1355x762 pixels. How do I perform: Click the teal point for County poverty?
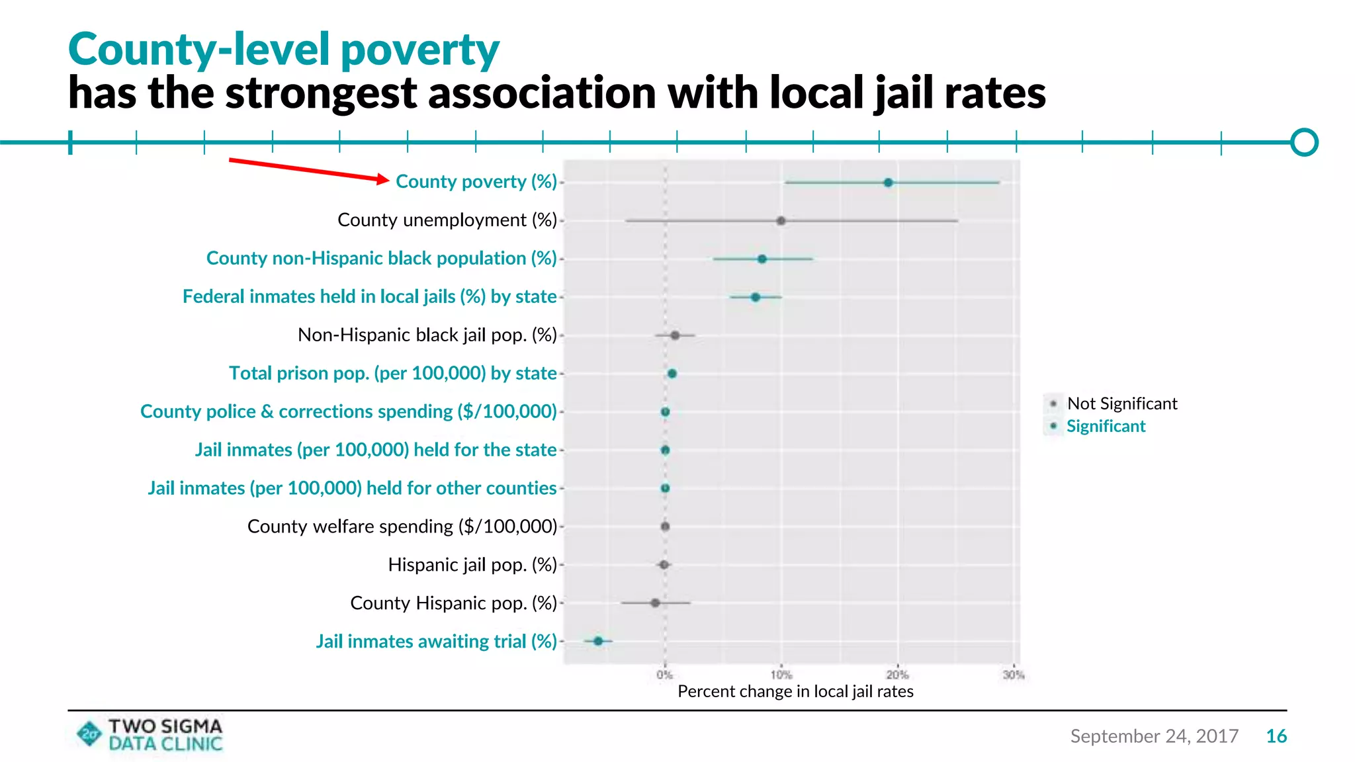(x=888, y=183)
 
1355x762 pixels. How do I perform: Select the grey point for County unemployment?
(x=781, y=221)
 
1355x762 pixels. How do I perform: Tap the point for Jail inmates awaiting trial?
(x=598, y=641)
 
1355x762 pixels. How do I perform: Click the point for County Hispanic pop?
(x=655, y=603)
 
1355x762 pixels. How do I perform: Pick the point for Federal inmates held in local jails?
(x=755, y=297)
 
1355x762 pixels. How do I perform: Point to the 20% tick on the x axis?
(x=897, y=675)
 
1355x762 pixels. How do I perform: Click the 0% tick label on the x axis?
(x=664, y=675)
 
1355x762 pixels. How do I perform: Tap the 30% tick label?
(x=1013, y=675)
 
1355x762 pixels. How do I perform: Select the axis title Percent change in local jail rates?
(x=795, y=692)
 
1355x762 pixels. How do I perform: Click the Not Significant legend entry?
(x=1121, y=403)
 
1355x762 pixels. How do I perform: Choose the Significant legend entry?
(x=1106, y=426)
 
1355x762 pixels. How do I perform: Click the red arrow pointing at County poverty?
(x=308, y=169)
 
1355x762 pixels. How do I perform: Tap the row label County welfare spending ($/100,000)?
(x=402, y=527)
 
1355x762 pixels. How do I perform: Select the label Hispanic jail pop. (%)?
(x=472, y=565)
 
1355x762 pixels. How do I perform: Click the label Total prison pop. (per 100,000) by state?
(x=393, y=373)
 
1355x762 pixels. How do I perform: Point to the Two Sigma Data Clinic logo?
(x=150, y=735)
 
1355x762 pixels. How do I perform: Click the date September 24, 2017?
(x=1154, y=736)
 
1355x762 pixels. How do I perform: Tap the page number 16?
(x=1276, y=736)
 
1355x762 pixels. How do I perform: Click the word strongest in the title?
(x=321, y=93)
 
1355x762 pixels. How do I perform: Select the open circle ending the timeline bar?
(x=1304, y=142)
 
